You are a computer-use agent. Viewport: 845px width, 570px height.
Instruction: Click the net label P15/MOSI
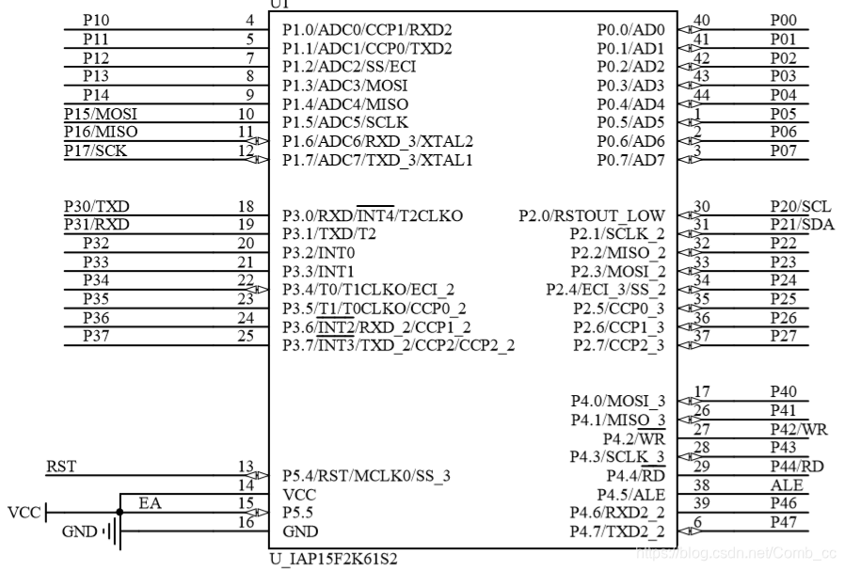pyautogui.click(x=95, y=114)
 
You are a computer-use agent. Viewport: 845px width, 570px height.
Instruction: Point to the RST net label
pyautogui.click(x=61, y=467)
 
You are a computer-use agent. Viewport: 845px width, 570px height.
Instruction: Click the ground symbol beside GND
pyautogui.click(x=113, y=532)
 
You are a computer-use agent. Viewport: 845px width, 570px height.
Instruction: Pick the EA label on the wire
pyautogui.click(x=150, y=504)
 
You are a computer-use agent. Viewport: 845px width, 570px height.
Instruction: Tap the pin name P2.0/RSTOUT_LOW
pyautogui.click(x=592, y=215)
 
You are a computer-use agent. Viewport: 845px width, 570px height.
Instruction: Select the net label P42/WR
pyautogui.click(x=798, y=430)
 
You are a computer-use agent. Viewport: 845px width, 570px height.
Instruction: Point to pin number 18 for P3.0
pyautogui.click(x=247, y=206)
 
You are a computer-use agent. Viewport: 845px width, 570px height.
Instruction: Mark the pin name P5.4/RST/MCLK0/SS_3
pyautogui.click(x=366, y=476)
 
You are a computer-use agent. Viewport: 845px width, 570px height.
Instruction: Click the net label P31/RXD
pyautogui.click(x=97, y=225)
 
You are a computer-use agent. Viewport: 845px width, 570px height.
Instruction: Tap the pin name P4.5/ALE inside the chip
pyautogui.click(x=631, y=494)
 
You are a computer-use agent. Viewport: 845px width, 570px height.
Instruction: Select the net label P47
pyautogui.click(x=783, y=522)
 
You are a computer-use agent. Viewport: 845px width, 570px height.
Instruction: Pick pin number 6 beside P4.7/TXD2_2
pyautogui.click(x=697, y=523)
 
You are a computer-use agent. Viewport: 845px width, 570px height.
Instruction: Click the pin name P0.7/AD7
pyautogui.click(x=631, y=160)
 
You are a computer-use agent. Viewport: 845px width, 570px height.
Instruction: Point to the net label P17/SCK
pyautogui.click(x=93, y=150)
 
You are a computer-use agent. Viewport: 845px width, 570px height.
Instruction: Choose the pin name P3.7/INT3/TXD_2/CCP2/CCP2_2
pyautogui.click(x=398, y=346)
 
